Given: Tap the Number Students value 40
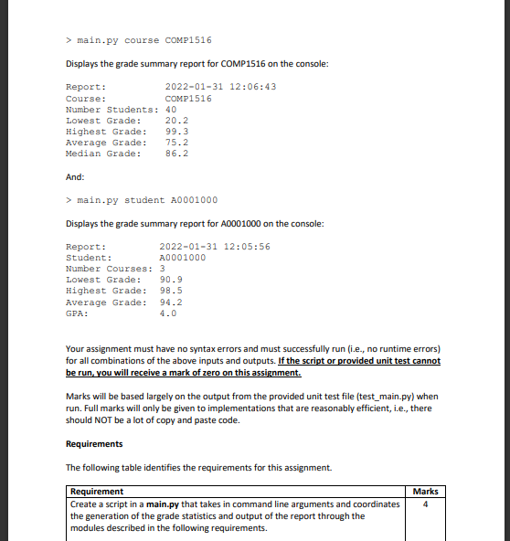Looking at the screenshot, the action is [x=170, y=109].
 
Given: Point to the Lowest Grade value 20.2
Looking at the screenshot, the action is [x=176, y=120].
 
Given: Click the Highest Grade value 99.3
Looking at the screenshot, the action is [x=176, y=131].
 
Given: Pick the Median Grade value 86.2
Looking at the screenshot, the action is [x=176, y=154].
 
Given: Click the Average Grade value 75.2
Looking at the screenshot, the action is [x=176, y=143].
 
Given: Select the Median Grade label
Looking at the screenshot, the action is [x=103, y=154].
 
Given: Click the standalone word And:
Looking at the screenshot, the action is [x=77, y=177].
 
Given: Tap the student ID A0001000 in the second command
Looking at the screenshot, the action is [x=194, y=200].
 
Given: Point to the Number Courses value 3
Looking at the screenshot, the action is [x=162, y=269].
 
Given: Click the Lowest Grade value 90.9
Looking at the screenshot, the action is [x=171, y=280].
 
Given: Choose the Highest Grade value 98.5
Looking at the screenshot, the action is [x=171, y=291].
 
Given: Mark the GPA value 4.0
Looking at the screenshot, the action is [x=168, y=313].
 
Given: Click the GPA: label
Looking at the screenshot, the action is [x=77, y=313].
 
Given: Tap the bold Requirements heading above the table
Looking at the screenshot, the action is [x=94, y=444].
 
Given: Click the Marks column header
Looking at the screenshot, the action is [x=426, y=492].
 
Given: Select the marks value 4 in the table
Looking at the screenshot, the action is [x=426, y=504].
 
